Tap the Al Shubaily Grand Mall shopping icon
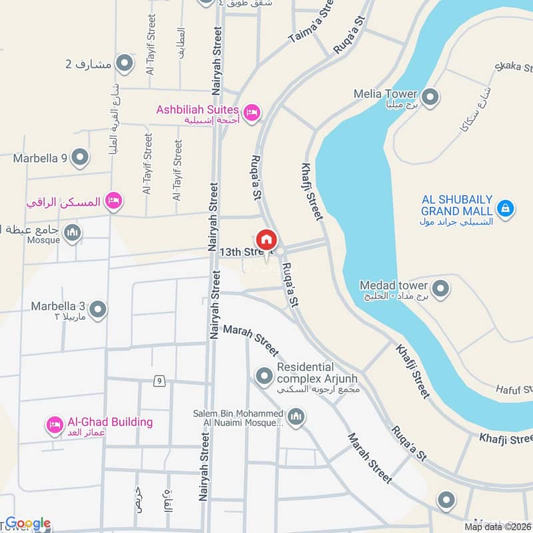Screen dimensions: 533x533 tap(506, 209)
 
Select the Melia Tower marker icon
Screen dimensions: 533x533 tap(430, 97)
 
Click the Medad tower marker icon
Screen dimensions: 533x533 tap(440, 289)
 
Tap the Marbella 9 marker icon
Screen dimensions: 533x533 tap(80, 159)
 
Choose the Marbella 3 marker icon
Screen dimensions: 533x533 tap(98, 310)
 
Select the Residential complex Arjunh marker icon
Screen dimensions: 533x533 tap(265, 376)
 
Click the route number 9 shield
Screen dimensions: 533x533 tap(159, 381)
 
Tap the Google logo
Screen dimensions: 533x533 tap(27, 523)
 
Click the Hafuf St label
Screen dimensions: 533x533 tap(514, 388)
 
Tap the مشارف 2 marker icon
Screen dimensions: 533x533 tap(124, 64)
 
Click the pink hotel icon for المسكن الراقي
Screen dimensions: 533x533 tap(114, 201)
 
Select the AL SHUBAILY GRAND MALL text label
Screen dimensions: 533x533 tap(457, 205)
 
